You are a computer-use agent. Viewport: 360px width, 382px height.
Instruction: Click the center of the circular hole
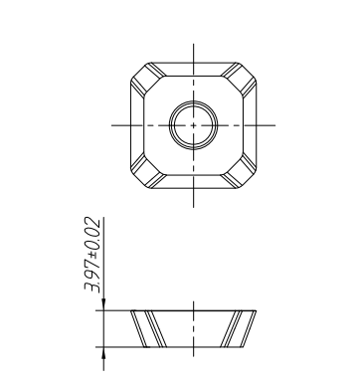(190, 125)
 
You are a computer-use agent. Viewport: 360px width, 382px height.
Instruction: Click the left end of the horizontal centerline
(111, 125)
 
